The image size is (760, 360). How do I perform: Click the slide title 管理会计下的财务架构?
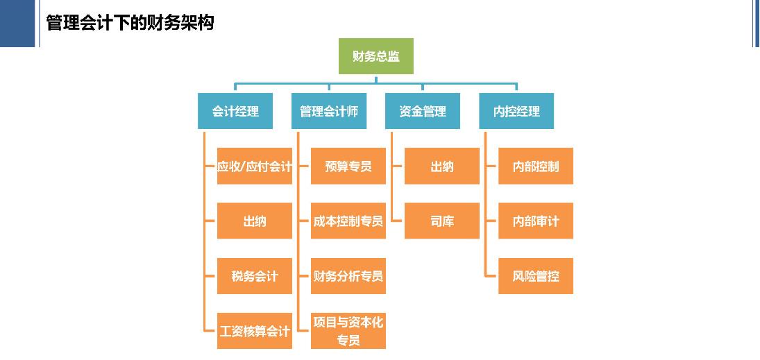click(x=130, y=23)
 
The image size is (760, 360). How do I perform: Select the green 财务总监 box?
click(x=375, y=56)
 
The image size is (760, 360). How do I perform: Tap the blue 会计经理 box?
click(x=235, y=111)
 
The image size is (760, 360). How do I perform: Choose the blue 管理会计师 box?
click(x=328, y=111)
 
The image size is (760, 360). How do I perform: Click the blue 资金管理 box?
click(x=422, y=111)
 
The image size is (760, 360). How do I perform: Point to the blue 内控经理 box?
click(x=516, y=111)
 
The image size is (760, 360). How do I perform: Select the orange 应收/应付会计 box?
click(x=255, y=166)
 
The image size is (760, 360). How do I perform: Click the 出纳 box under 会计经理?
click(x=255, y=221)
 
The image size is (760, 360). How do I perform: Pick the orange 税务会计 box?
click(x=255, y=276)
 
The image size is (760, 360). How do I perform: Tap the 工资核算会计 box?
click(x=255, y=331)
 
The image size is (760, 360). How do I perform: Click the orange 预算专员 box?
click(x=348, y=166)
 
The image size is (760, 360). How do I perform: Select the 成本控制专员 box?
click(x=348, y=221)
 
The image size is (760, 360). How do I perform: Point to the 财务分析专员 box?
click(x=348, y=276)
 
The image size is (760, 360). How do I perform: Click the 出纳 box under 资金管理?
click(x=442, y=166)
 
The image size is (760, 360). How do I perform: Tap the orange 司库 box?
click(x=442, y=221)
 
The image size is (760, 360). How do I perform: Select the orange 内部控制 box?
click(x=536, y=166)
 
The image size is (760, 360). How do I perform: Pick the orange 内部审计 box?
click(x=536, y=221)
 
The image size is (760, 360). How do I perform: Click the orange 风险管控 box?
click(x=536, y=276)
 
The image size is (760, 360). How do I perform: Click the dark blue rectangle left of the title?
click(x=17, y=23)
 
